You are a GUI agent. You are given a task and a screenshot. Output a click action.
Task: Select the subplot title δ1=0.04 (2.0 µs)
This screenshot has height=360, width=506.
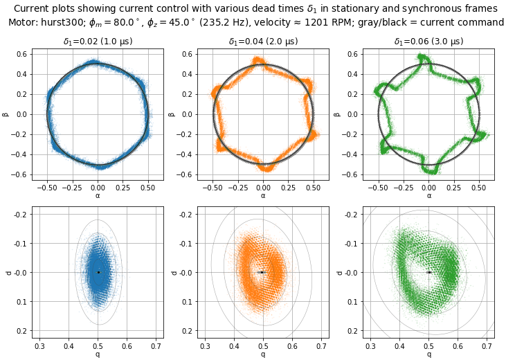(x=263, y=42)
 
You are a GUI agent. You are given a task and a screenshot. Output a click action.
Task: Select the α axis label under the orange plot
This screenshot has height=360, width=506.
(x=263, y=196)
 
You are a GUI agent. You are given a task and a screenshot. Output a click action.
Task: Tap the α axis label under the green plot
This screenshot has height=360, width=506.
(x=428, y=196)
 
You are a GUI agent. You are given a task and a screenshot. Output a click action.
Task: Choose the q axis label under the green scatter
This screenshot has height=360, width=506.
(x=428, y=354)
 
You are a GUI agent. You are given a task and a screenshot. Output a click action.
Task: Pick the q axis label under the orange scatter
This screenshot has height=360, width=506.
(x=263, y=354)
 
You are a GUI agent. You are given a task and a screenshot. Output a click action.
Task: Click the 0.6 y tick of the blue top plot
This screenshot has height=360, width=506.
(x=21, y=54)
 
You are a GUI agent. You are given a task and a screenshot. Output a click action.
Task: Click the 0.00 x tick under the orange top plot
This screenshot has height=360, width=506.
(x=263, y=188)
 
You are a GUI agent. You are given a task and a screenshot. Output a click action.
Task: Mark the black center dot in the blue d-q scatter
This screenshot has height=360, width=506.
(x=98, y=272)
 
